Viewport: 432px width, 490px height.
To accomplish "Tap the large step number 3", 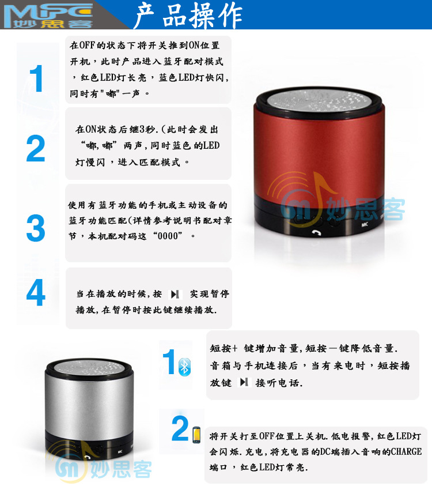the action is pyautogui.click(x=36, y=228).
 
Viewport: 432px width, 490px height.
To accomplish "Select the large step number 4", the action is pyautogui.click(x=36, y=292).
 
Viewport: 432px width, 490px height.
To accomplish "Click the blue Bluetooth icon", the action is pyautogui.click(x=184, y=367).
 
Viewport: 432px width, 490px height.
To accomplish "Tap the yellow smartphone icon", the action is pyautogui.click(x=196, y=435).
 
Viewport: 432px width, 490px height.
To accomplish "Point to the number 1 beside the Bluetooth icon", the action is pyautogui.click(x=169, y=362).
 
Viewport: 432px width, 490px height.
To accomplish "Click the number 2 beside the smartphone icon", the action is pyautogui.click(x=180, y=428).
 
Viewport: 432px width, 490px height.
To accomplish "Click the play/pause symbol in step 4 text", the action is pyautogui.click(x=175, y=294).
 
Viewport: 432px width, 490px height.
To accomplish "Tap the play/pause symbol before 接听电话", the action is pyautogui.click(x=244, y=382).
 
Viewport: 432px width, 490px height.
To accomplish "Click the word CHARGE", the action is pyautogui.click(x=406, y=451).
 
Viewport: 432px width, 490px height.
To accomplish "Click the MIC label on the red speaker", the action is pyautogui.click(x=365, y=224).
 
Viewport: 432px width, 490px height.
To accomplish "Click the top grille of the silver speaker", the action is pyautogui.click(x=89, y=367).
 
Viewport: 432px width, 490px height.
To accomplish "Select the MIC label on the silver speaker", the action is pyautogui.click(x=120, y=452).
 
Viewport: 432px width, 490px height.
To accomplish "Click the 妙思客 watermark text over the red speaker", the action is pyautogui.click(x=366, y=209).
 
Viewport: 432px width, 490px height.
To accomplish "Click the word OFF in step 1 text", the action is pyautogui.click(x=87, y=46).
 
